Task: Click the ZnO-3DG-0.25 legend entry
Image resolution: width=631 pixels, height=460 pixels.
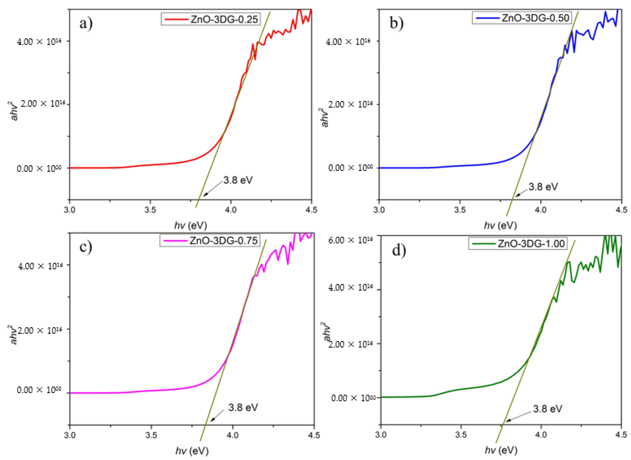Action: tap(211, 19)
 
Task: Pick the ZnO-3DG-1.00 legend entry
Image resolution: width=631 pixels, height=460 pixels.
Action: tap(518, 243)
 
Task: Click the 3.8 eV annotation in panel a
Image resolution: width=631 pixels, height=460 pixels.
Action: tap(238, 180)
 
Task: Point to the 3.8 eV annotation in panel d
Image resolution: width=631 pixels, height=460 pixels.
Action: tap(547, 408)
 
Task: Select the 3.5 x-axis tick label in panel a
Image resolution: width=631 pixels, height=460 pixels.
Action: tap(150, 210)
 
